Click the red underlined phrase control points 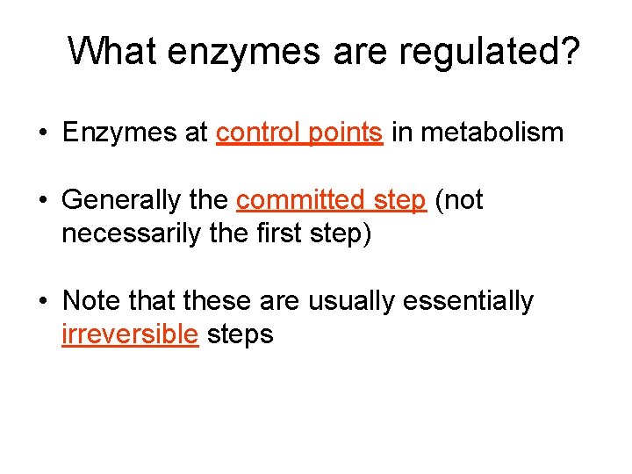299,133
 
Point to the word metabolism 501,133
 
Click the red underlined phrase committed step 331,200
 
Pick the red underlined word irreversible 130,334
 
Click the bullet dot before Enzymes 42,133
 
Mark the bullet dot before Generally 42,201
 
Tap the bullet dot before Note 42,302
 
